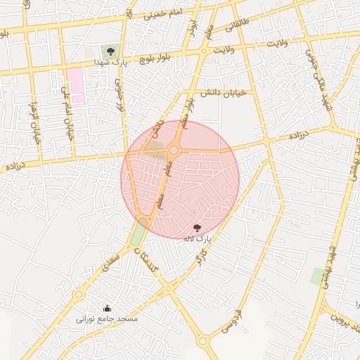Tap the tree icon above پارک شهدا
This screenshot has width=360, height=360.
coord(110,50)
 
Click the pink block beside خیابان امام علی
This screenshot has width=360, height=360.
coord(75,86)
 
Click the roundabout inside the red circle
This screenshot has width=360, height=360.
coord(174,150)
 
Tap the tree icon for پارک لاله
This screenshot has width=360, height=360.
coord(197,227)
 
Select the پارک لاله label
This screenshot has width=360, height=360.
coord(198,239)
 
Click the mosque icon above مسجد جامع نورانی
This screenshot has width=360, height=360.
coord(107,307)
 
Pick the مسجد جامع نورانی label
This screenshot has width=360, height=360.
coord(108,319)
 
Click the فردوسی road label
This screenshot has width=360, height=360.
coord(231,321)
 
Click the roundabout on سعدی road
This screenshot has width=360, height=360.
coord(78,295)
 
